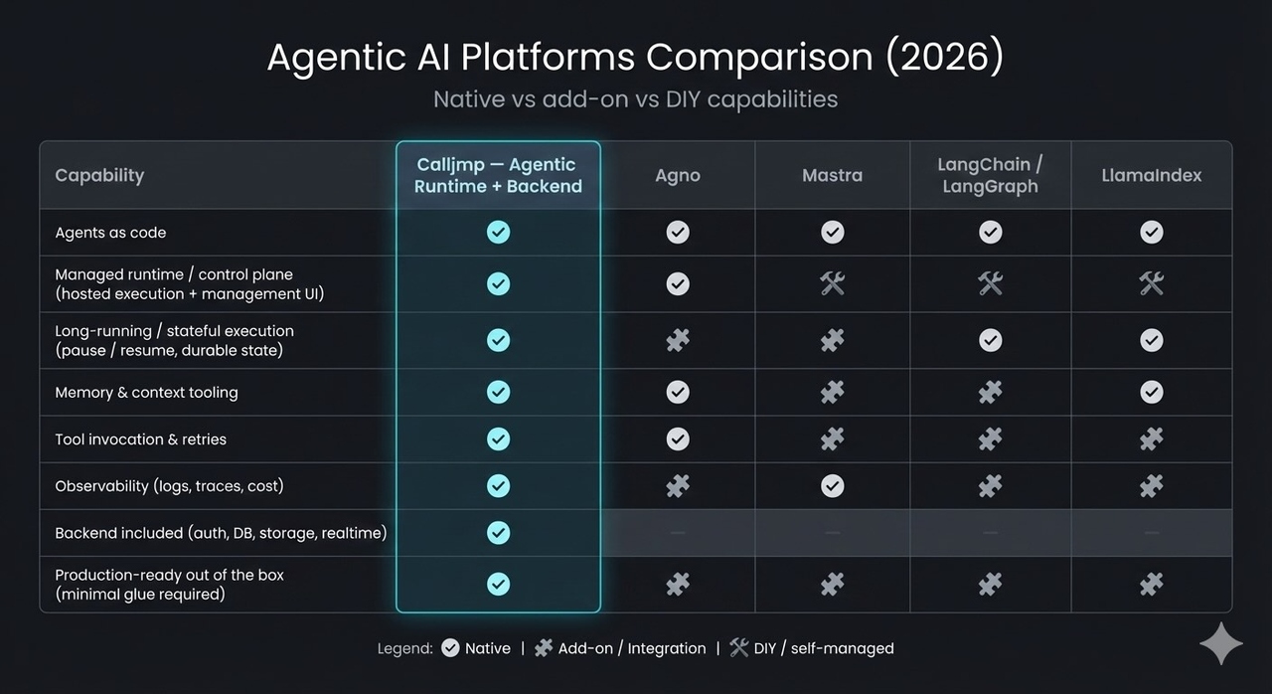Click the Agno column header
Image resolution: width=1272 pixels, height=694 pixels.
[x=678, y=176]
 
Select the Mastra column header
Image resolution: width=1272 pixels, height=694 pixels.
[x=832, y=176]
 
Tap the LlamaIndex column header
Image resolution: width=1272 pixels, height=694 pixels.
[x=1151, y=176]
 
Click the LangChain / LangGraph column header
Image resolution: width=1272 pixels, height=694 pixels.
[x=990, y=175]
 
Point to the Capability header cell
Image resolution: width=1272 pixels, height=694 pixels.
[x=99, y=176]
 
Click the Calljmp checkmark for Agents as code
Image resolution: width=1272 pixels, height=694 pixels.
[x=498, y=233]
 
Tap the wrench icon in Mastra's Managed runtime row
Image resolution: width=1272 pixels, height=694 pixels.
[x=832, y=284]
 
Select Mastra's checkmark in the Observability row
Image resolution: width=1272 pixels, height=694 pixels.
[x=832, y=485]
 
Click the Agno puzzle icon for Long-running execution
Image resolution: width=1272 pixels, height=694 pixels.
[x=678, y=341]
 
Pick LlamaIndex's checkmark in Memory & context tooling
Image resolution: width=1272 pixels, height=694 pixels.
[x=1151, y=392]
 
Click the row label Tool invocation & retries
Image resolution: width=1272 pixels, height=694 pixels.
[x=140, y=439]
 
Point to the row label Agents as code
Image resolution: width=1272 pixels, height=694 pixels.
[x=110, y=233]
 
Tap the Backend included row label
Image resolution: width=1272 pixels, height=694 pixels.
[x=221, y=534]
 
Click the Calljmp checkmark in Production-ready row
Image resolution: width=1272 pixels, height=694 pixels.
[x=498, y=584]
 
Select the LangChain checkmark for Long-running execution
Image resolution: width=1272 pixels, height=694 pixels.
[x=990, y=340]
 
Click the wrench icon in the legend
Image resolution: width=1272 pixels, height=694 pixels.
[x=738, y=648]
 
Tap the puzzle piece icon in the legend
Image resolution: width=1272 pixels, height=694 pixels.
[x=543, y=648]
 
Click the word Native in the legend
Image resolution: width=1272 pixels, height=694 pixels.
[x=488, y=649]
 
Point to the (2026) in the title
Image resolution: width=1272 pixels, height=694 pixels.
[x=944, y=58]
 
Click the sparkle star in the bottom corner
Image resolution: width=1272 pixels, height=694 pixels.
[x=1220, y=644]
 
